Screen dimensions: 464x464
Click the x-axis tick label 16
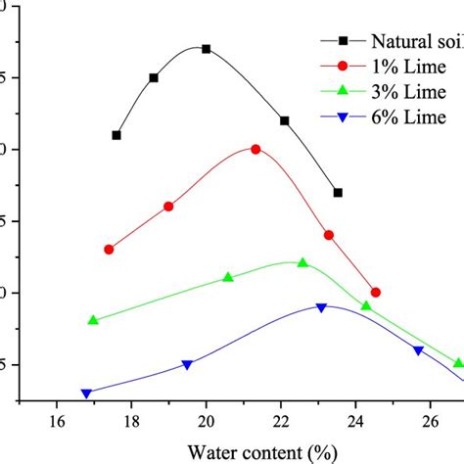(x=57, y=422)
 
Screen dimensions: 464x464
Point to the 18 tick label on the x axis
(x=131, y=422)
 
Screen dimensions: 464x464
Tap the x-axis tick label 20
(x=206, y=422)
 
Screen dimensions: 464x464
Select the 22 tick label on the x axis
(x=281, y=422)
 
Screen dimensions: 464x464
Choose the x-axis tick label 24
(x=355, y=422)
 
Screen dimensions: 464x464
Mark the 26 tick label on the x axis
(x=430, y=422)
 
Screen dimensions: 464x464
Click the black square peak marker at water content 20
(x=206, y=49)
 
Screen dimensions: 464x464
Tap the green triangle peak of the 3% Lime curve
(x=302, y=262)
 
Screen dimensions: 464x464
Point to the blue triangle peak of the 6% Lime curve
(x=321, y=307)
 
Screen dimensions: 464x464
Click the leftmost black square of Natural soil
(x=116, y=135)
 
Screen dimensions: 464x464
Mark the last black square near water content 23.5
(x=338, y=193)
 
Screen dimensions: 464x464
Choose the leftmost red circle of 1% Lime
(x=109, y=250)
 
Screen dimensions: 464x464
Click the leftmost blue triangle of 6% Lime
(x=86, y=394)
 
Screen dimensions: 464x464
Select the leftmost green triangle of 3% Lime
(x=93, y=320)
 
